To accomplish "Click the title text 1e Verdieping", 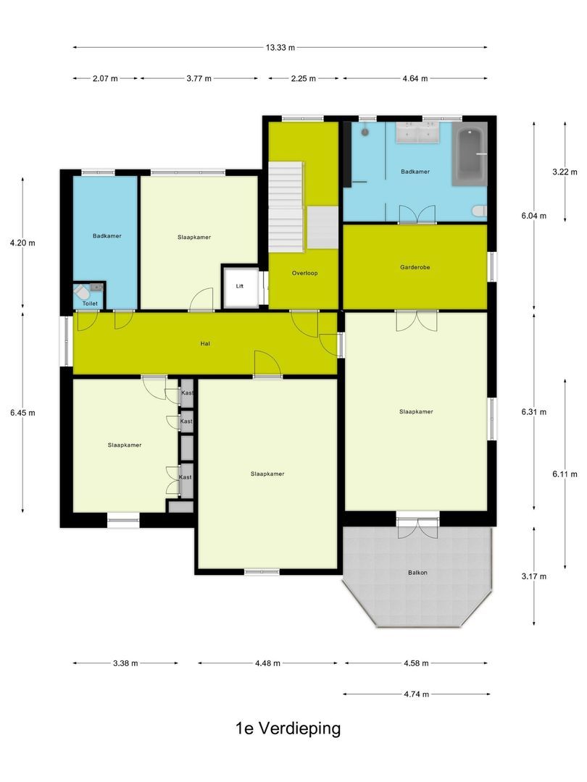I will click(x=288, y=728).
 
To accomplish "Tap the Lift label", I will click(x=240, y=286).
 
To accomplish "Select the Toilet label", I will click(x=89, y=304).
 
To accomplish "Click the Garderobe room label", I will click(x=415, y=266).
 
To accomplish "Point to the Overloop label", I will click(x=304, y=273).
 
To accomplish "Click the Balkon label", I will click(x=417, y=573).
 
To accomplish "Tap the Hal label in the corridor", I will click(x=205, y=344).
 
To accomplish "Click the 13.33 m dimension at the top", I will click(x=280, y=48).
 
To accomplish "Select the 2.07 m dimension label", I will click(x=105, y=79).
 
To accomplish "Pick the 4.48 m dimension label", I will click(x=267, y=663).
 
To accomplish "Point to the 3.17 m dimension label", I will click(x=533, y=576).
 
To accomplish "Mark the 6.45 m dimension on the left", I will click(x=22, y=413).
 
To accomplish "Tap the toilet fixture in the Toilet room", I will click(x=83, y=293).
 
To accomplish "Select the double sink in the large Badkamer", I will click(x=419, y=134).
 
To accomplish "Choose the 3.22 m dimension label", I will click(x=564, y=172).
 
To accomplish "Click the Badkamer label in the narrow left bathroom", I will click(x=107, y=236).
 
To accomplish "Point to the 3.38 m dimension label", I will click(x=125, y=663).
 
